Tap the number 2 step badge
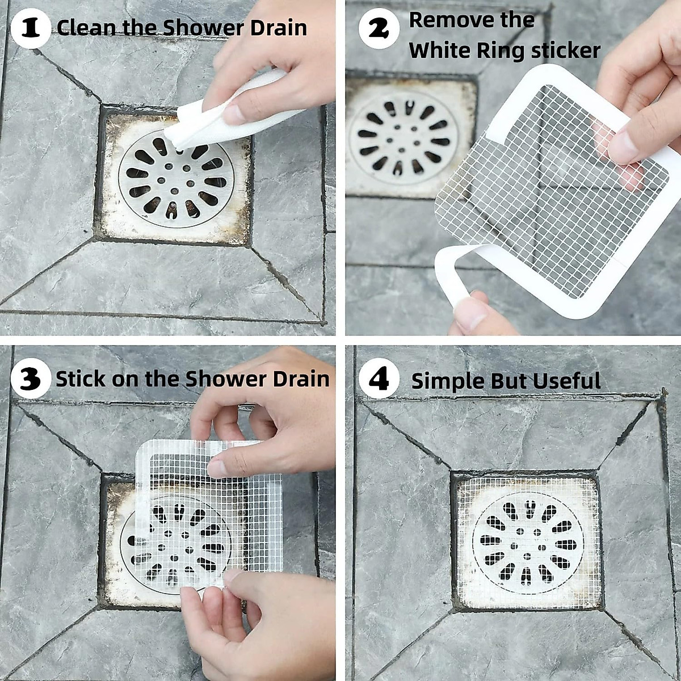(379, 28)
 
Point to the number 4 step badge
(379, 379)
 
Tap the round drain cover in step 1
(176, 178)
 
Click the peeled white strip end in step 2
(454, 272)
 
